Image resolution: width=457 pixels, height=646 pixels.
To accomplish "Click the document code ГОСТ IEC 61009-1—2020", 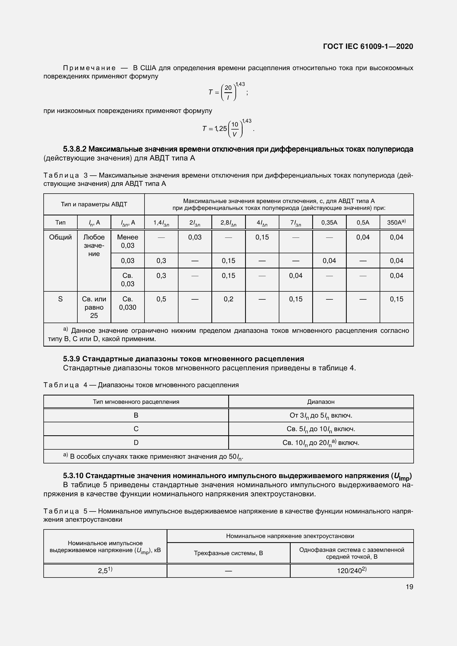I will (x=368, y=46).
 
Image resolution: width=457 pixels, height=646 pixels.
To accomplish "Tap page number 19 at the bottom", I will (x=409, y=587).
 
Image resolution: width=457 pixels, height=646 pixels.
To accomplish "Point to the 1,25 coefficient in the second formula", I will (x=220, y=129).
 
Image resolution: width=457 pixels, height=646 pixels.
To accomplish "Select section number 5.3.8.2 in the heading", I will (x=75, y=149).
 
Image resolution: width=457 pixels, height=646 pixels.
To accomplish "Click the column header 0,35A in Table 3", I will (x=329, y=223).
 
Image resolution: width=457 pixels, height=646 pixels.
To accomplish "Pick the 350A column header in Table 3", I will (x=396, y=223).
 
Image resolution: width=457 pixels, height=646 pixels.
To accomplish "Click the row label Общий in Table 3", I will (x=60, y=237).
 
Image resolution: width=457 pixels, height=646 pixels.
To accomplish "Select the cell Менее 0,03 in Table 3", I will (x=127, y=241).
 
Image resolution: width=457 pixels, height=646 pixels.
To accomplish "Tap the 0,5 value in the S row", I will (x=161, y=299).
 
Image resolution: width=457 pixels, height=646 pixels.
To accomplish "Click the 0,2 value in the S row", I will (x=228, y=299).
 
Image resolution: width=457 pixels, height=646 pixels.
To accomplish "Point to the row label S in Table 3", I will (x=60, y=299).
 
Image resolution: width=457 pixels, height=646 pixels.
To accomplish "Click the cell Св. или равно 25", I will (x=94, y=307).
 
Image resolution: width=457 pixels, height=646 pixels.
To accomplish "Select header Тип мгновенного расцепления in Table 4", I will (x=136, y=402).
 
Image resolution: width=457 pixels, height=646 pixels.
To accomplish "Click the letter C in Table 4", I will (x=136, y=429).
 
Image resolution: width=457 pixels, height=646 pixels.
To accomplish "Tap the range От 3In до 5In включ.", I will (x=321, y=416).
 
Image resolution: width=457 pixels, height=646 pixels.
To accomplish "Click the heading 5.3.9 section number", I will (x=72, y=359).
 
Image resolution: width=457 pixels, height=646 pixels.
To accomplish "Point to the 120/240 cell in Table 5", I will (x=351, y=571).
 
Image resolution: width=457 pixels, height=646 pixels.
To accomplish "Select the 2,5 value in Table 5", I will (x=105, y=571).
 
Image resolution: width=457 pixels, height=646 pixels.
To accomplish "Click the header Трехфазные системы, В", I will (x=228, y=553).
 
